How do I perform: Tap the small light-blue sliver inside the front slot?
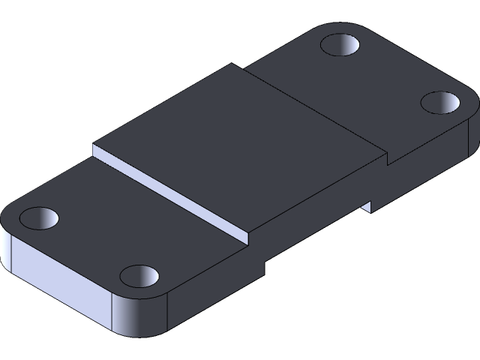click(367, 205)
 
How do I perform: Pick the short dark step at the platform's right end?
click(387, 158)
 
